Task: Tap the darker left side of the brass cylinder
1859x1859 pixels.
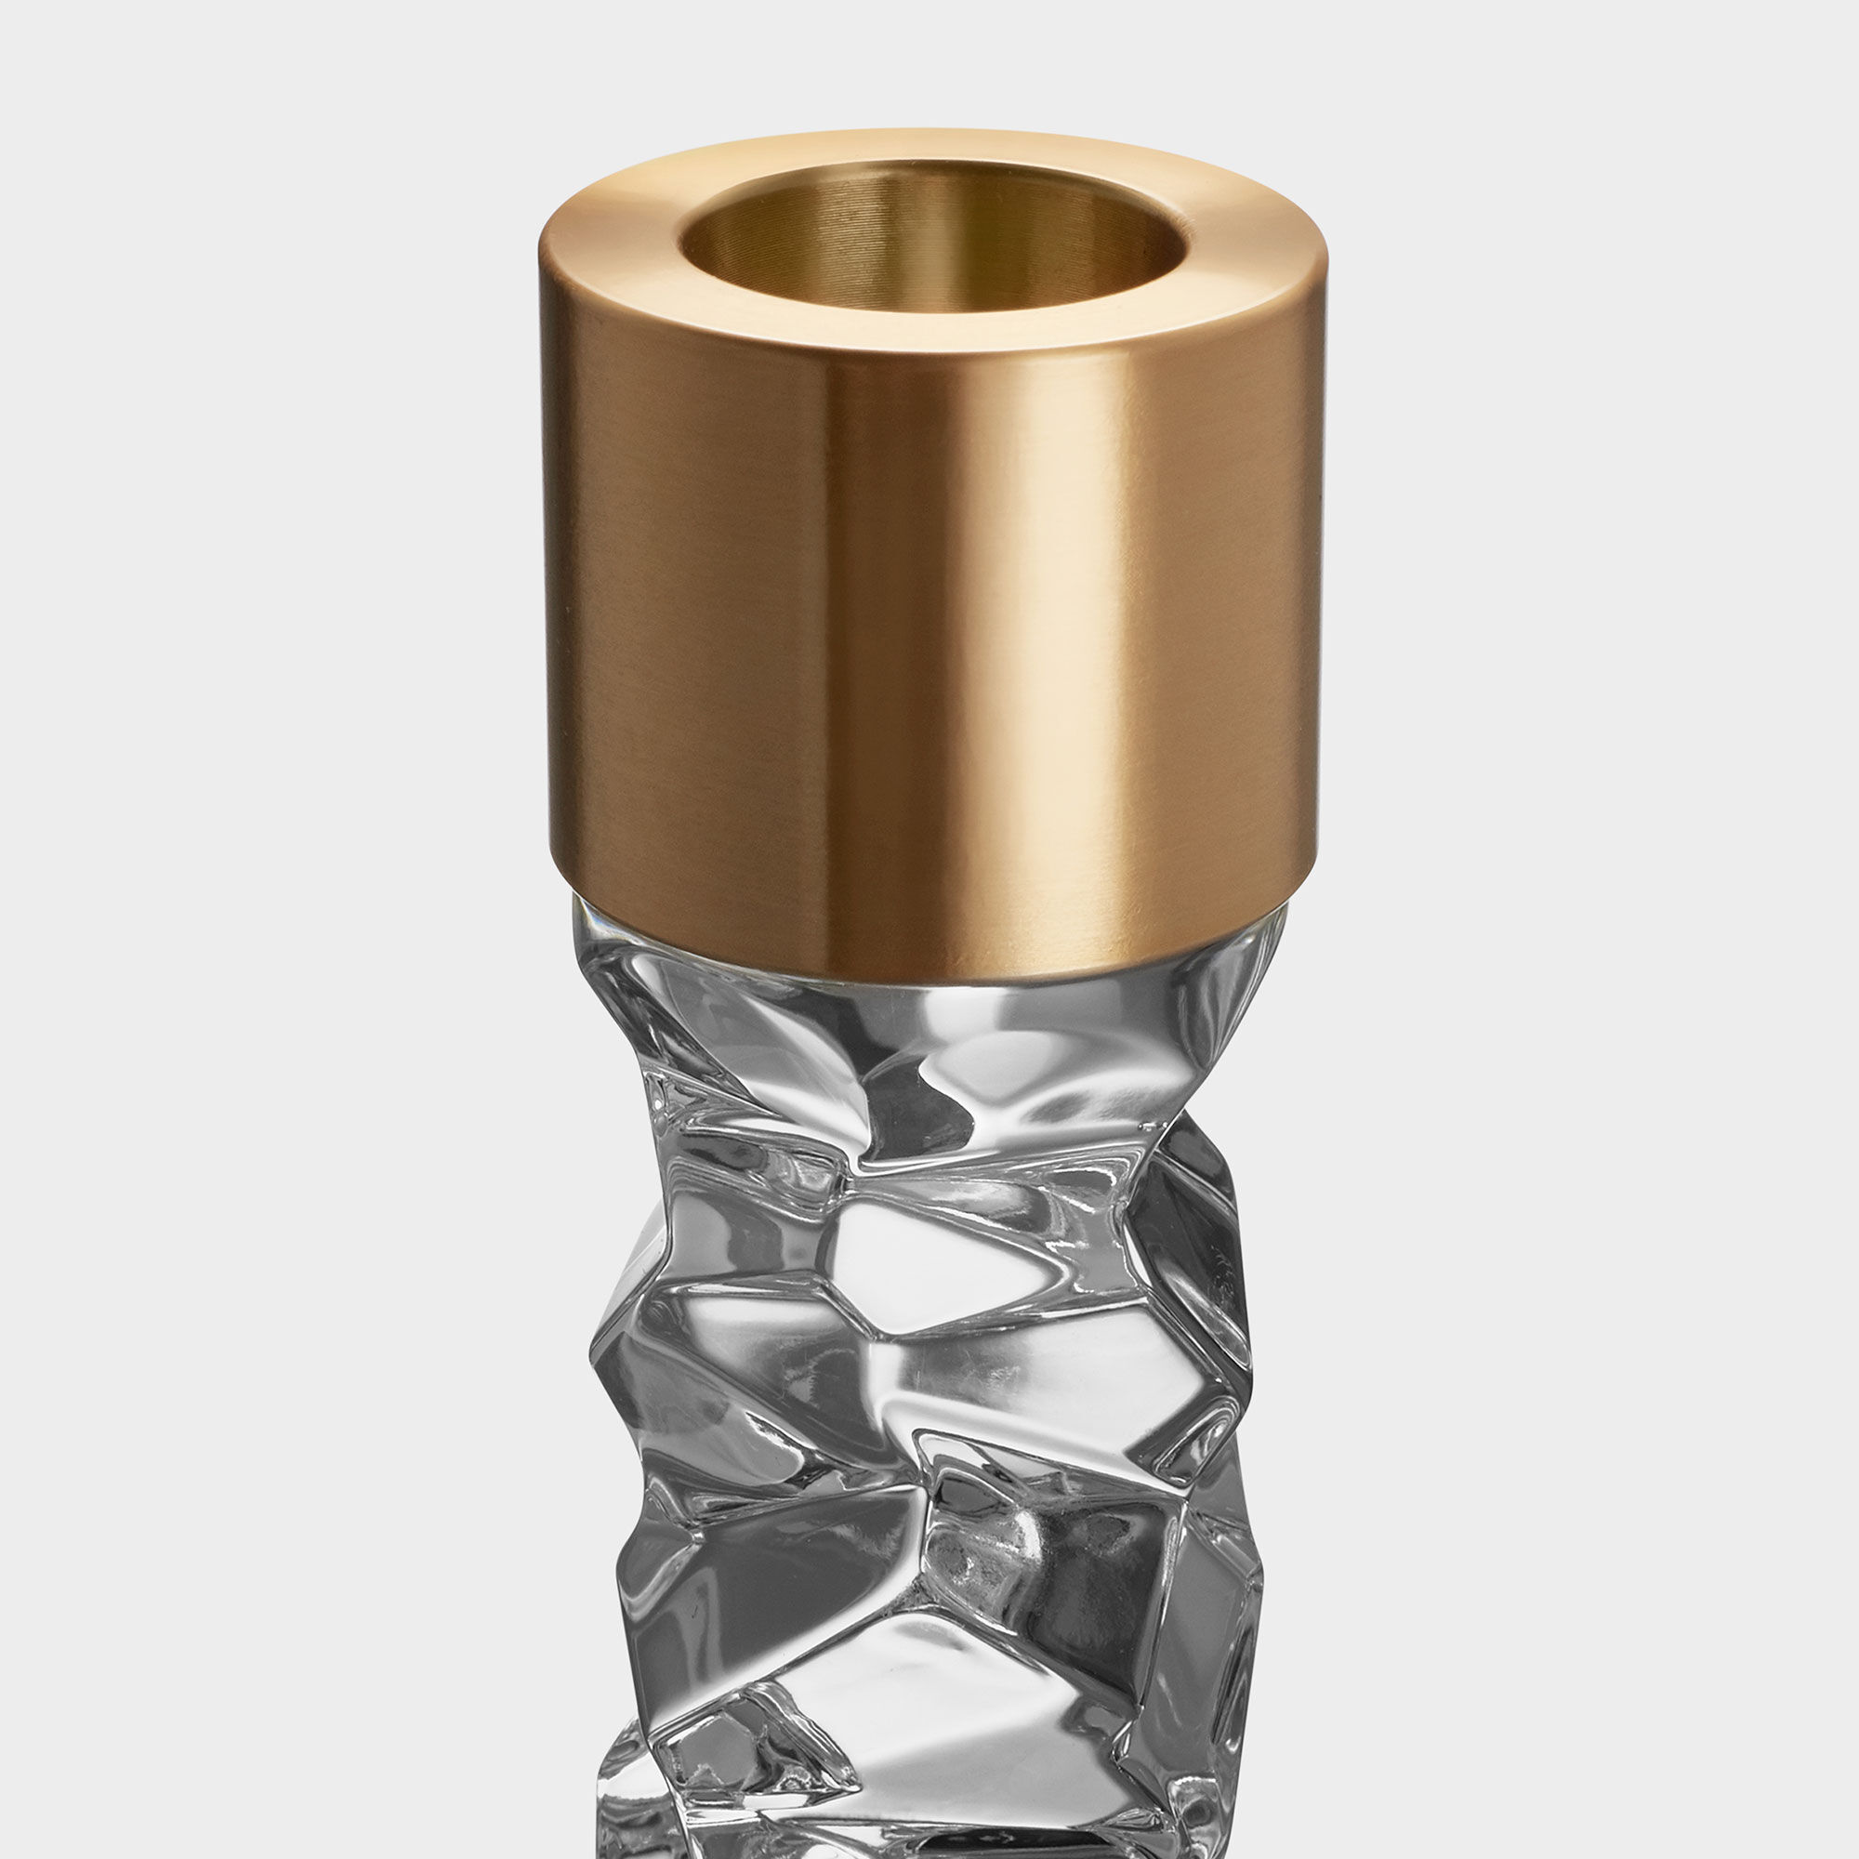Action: pyautogui.click(x=616, y=626)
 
